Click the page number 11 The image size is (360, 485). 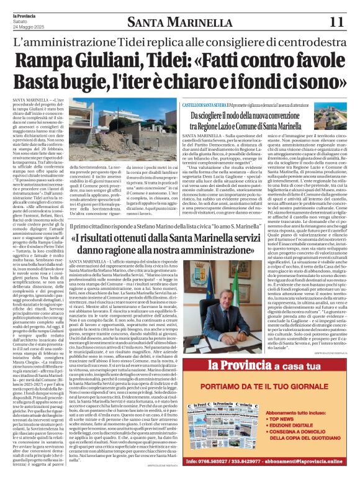tap(336, 22)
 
